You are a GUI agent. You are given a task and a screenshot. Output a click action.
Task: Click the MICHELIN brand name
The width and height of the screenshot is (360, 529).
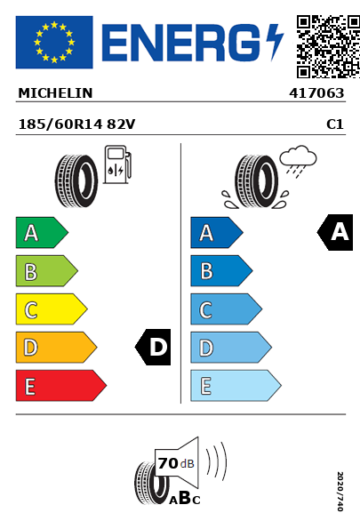click(55, 93)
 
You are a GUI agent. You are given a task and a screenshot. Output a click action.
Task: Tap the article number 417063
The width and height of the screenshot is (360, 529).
click(316, 93)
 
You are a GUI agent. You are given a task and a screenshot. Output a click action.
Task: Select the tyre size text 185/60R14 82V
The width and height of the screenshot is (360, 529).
click(76, 124)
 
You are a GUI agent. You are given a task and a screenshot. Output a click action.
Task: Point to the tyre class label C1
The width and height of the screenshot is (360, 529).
click(335, 124)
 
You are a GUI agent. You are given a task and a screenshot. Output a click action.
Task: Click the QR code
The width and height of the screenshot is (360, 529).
click(328, 46)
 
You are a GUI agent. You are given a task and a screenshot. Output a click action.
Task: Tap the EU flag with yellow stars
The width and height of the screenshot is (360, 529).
click(54, 42)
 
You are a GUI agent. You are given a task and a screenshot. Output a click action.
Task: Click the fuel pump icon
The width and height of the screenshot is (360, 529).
click(117, 164)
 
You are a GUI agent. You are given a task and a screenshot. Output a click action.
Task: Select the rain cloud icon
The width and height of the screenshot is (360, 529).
click(298, 161)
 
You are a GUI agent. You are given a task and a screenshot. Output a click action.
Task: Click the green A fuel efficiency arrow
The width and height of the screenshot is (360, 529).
click(42, 233)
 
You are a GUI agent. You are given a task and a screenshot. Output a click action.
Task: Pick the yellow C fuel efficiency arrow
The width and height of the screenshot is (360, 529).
click(52, 309)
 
